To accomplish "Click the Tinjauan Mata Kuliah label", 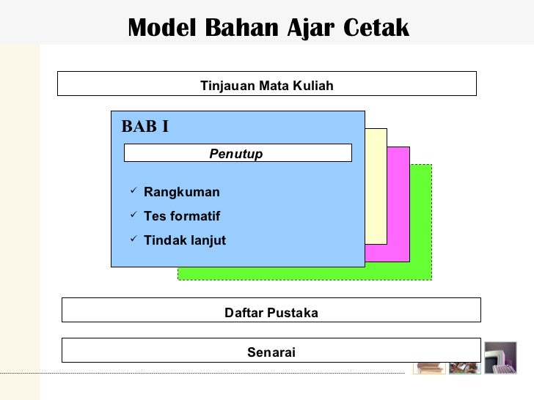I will pos(267,86).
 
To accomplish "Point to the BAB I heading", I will pos(145,126).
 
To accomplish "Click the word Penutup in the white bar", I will pos(235,154).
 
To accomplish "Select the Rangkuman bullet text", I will pos(182,193).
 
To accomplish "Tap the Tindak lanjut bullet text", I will pos(186,241).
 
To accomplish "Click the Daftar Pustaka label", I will pos(271,314).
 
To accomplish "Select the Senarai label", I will pos(271,353).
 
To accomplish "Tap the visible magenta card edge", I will pos(398,205).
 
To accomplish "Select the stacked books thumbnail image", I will pos(429,363).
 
